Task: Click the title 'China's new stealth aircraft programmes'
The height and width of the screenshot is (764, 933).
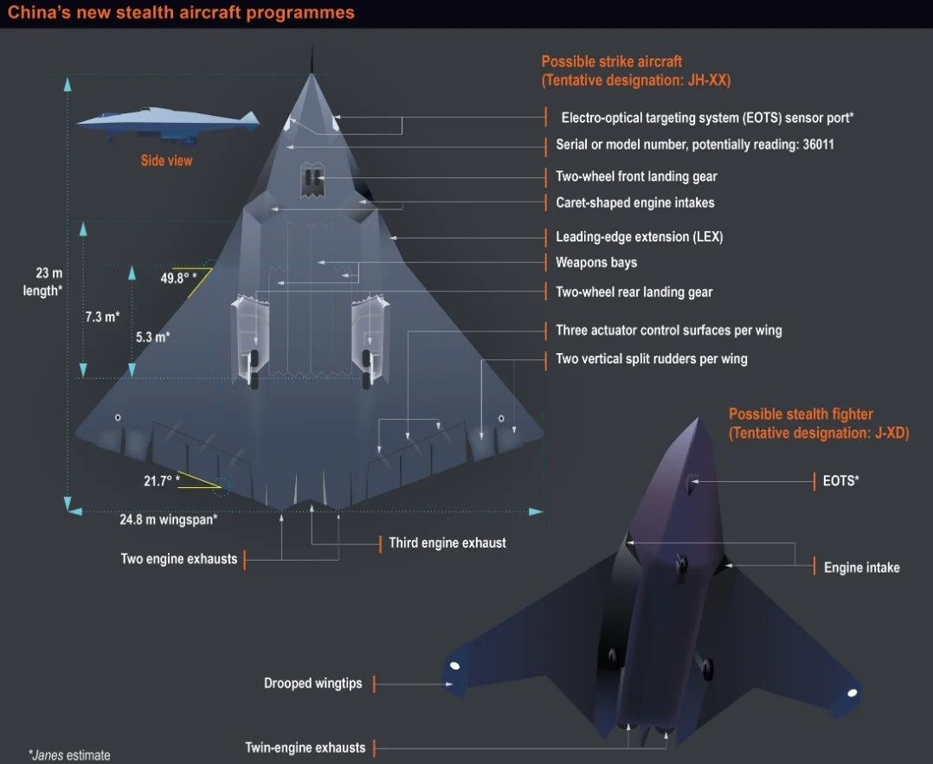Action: [181, 12]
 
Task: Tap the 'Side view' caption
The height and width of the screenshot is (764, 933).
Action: [166, 161]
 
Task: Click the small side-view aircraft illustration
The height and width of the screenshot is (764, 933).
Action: [169, 125]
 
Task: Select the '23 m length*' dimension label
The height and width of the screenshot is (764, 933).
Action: [42, 281]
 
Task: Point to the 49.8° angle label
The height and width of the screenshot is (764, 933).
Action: [178, 278]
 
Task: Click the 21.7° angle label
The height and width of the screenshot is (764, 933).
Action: [161, 481]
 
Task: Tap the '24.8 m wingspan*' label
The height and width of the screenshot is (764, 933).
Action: [169, 519]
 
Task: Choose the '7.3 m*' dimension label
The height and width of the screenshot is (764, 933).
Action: [102, 317]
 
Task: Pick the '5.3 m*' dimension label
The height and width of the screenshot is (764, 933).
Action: [153, 337]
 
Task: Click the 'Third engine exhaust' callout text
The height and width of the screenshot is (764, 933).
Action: [447, 543]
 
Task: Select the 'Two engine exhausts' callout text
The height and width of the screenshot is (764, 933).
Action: [178, 559]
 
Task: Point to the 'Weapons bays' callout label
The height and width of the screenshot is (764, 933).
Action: [596, 262]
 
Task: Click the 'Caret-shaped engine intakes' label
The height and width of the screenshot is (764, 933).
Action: [635, 202]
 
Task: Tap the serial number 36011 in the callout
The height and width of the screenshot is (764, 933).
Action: [818, 144]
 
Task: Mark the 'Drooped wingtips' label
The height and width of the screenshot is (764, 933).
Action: [313, 683]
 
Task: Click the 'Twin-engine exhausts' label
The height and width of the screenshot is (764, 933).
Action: [306, 748]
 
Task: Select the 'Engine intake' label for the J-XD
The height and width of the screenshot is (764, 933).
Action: [862, 568]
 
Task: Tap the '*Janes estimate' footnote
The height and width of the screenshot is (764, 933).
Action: [69, 755]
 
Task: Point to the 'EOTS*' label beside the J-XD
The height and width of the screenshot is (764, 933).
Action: [840, 481]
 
